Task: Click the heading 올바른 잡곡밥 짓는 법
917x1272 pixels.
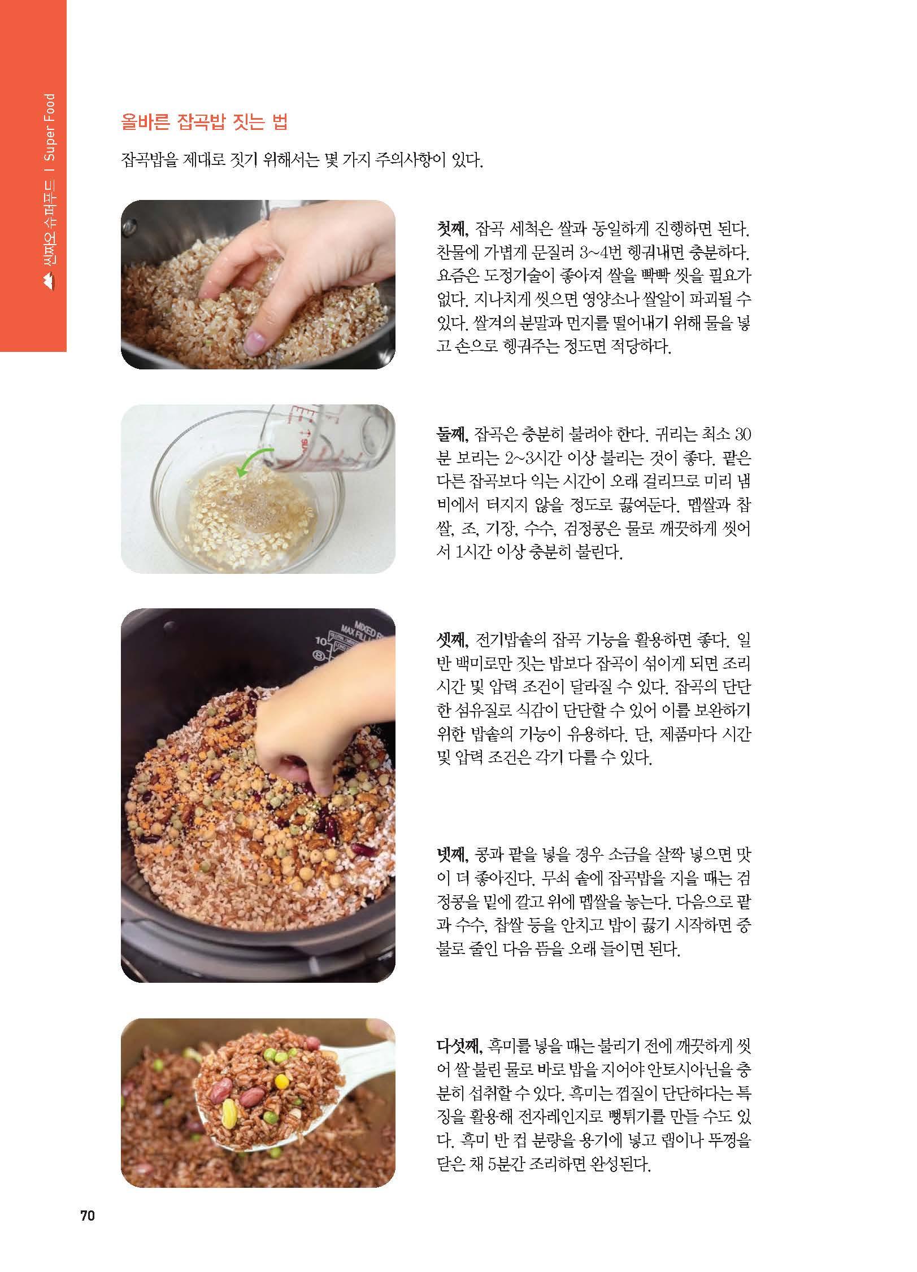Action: (205, 123)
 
